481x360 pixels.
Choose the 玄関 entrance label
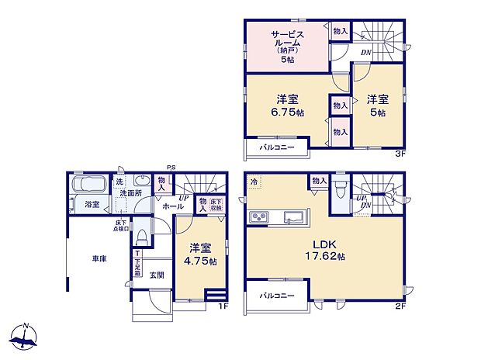point(157,275)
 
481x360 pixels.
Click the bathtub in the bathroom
point(92,186)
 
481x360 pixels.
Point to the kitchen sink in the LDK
point(292,215)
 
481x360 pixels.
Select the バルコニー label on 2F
point(275,296)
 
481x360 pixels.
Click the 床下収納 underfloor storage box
point(216,206)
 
